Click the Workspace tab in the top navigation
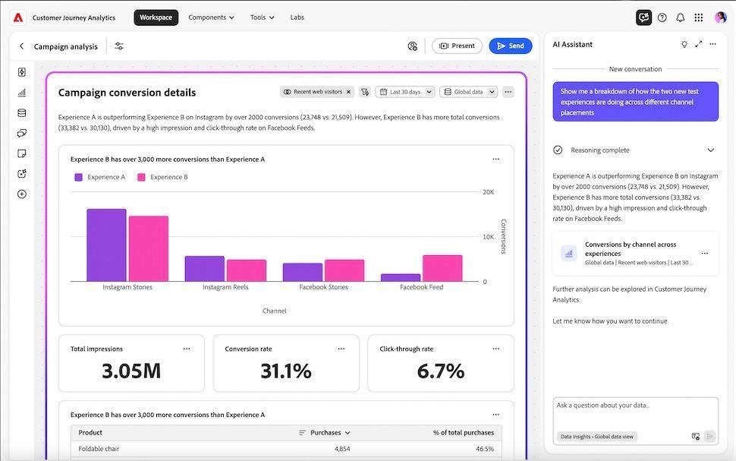tap(156, 17)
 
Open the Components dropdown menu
tap(211, 17)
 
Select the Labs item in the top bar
tap(297, 17)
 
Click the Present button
tap(457, 46)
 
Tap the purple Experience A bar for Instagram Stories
tap(106, 245)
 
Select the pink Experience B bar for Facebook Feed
tap(442, 268)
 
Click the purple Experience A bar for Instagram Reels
tap(205, 269)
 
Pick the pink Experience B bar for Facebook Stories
tap(344, 270)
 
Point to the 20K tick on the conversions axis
tap(489, 192)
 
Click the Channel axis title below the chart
tap(275, 311)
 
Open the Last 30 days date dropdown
tap(405, 92)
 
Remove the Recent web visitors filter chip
tap(349, 92)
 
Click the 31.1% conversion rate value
tap(286, 371)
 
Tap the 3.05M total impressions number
tap(131, 371)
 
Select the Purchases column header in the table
tap(326, 433)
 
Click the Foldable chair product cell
tap(99, 449)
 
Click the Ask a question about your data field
tap(634, 406)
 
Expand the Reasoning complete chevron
tap(710, 150)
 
